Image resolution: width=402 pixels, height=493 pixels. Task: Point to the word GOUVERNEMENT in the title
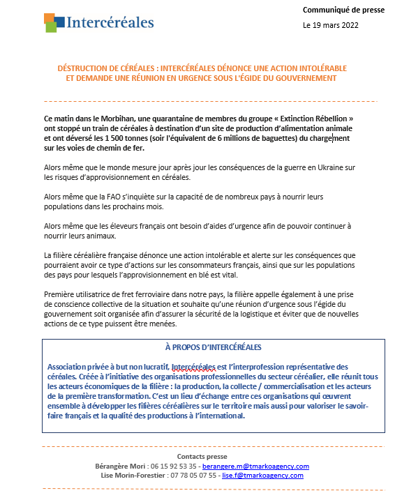(303, 78)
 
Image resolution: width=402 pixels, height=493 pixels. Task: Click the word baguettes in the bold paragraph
(278, 138)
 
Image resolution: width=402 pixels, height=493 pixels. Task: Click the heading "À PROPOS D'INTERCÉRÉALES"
(213, 347)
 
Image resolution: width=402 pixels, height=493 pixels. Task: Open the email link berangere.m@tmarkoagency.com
(254, 466)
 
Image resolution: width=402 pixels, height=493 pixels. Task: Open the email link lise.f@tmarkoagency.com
(262, 476)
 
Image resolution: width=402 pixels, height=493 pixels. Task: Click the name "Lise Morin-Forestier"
(129, 476)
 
